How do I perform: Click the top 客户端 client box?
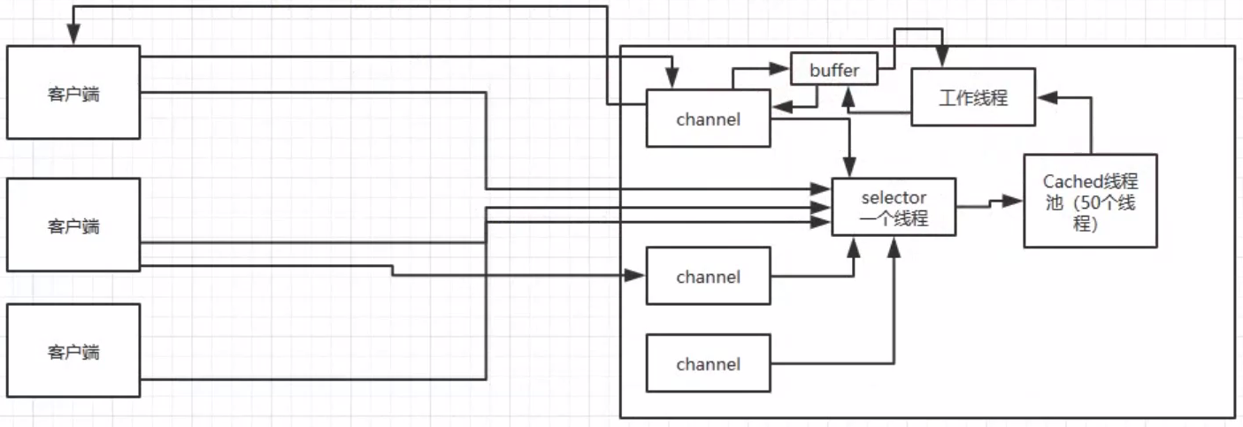point(73,93)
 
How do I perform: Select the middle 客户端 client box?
point(73,225)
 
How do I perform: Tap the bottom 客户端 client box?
point(73,351)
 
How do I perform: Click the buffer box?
point(833,70)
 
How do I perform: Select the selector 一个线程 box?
point(894,207)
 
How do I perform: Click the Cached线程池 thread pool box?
point(1090,201)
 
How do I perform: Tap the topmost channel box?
point(708,118)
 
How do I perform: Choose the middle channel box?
point(708,277)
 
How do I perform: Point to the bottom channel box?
point(708,363)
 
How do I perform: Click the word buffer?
point(833,70)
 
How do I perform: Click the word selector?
point(894,197)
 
